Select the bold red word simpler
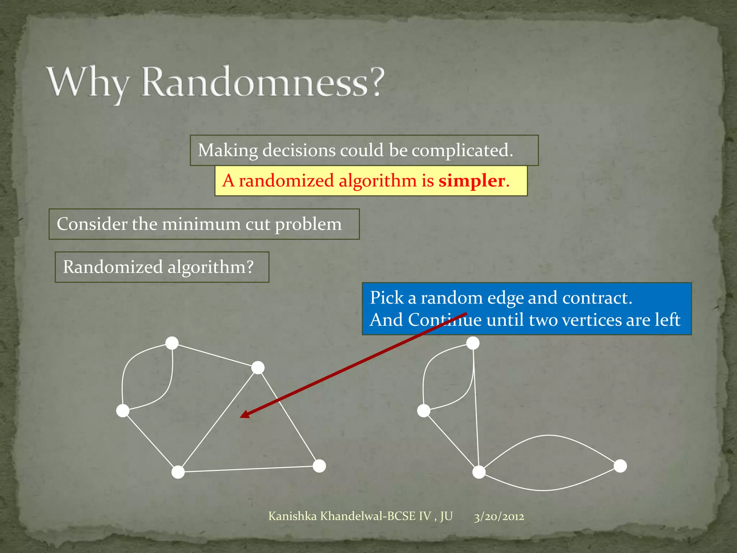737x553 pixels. coord(471,181)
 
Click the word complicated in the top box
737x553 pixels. coord(462,150)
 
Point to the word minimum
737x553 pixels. coord(202,224)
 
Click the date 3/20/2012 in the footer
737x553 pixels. coord(499,517)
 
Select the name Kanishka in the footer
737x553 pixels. coord(293,516)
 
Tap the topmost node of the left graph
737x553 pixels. coord(172,343)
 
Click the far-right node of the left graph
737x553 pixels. coord(319,466)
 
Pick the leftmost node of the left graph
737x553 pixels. coord(123,410)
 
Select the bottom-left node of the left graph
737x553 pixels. coord(178,472)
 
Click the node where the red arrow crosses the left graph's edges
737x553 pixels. coord(258,368)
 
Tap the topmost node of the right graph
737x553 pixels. coord(473,343)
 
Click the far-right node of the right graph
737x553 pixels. coord(620,466)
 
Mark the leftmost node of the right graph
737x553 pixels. coord(424,410)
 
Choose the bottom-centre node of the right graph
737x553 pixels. coord(479,472)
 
